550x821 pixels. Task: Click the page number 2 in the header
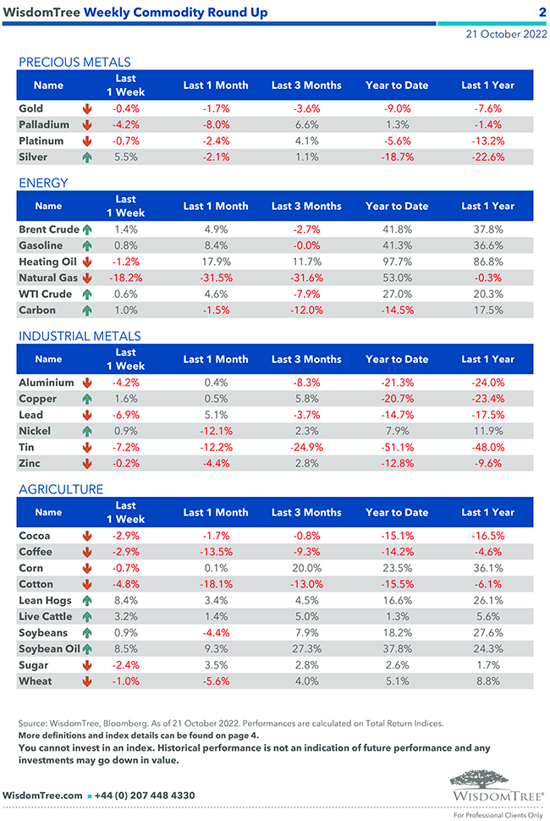542,13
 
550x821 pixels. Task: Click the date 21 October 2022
505,35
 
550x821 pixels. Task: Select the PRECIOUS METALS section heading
74,62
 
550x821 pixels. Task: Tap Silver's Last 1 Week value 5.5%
125,157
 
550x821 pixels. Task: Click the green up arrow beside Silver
86,157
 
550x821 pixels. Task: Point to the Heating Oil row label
46,262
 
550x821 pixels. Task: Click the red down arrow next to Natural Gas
86,278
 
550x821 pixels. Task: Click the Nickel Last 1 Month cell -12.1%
216,431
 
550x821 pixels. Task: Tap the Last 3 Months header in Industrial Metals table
306,359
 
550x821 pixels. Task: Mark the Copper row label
37,399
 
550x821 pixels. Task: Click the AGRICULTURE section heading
61,489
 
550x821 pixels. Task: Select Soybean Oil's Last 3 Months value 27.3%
306,649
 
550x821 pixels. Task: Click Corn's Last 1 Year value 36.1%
488,568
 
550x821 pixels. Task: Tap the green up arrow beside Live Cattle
86,616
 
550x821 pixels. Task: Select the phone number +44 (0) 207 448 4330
146,795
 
